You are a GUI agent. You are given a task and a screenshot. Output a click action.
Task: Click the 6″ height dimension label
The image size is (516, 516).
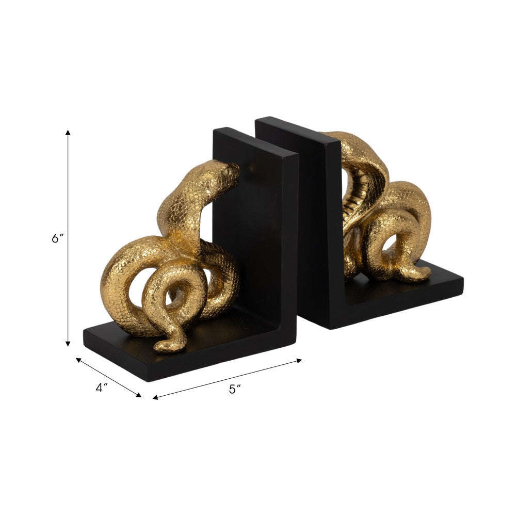point(57,239)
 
